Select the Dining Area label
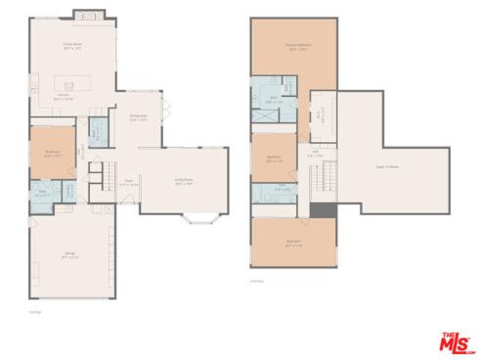pos(138,116)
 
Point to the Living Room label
pos(184,181)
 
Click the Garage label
pos(70,256)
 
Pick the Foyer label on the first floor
pos(128,181)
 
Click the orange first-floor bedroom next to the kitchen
pos(53,154)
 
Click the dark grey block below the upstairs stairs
pos(323,209)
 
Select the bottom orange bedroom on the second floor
pos(293,242)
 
